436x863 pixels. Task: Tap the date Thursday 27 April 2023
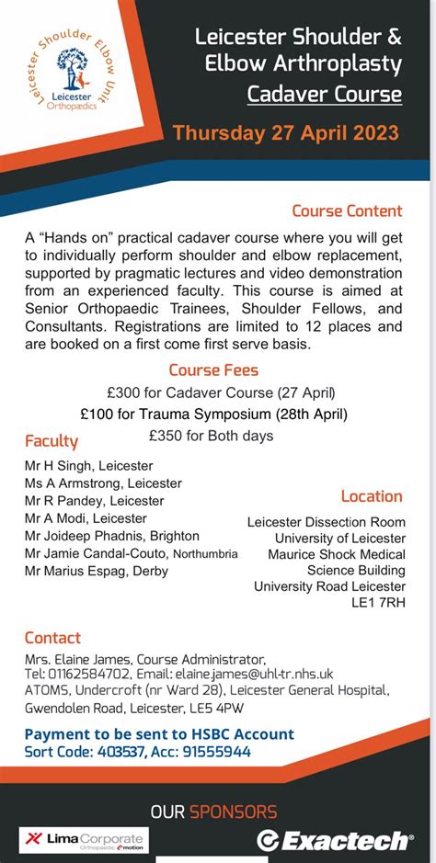tap(286, 133)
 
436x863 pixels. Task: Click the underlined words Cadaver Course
tap(324, 94)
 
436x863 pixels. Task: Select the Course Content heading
tap(347, 211)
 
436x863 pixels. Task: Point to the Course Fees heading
tap(213, 370)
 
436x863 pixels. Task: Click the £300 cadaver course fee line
tap(213, 392)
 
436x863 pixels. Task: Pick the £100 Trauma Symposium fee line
tap(212, 414)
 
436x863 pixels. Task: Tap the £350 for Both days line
tap(211, 436)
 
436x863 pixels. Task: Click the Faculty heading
tap(52, 441)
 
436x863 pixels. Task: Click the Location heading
tap(372, 496)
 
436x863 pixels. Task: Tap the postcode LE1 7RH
tap(378, 603)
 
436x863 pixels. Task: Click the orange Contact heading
tap(52, 638)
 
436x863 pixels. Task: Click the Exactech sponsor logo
tap(335, 840)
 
